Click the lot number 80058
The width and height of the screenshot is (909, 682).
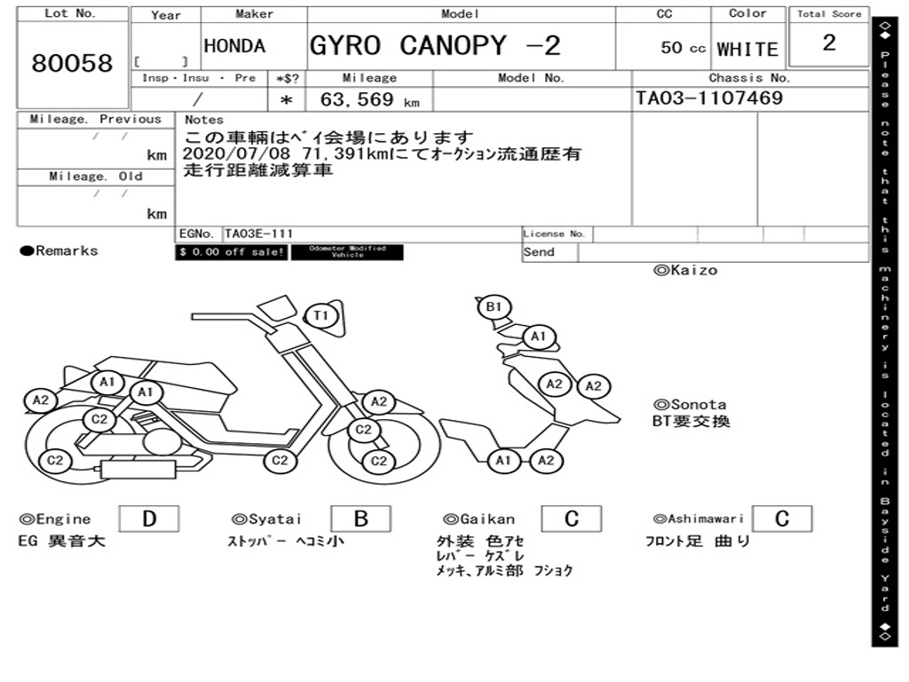coord(73,63)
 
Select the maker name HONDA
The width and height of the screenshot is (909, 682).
coord(234,46)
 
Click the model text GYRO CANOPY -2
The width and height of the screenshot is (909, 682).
coord(435,45)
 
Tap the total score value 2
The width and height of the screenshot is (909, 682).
coord(829,43)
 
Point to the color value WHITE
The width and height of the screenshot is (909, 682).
coord(747,49)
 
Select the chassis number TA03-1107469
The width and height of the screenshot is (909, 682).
coord(709,98)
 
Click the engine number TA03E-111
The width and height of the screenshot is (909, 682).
coord(258,234)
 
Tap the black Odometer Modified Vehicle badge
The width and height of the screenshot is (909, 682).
coord(347,252)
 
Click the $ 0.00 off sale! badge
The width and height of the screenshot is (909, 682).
coord(232,252)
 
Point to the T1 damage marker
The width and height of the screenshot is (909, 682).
coord(321,314)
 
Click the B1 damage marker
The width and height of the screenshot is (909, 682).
coord(494,307)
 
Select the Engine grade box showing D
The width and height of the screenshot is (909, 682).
coord(148,519)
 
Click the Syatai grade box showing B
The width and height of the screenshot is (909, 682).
coord(361,519)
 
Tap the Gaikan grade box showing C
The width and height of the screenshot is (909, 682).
coord(572,519)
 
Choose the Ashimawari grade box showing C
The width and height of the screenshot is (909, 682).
coord(781,519)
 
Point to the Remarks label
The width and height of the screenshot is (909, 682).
coord(59,251)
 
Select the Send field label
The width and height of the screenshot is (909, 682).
coord(539,252)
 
